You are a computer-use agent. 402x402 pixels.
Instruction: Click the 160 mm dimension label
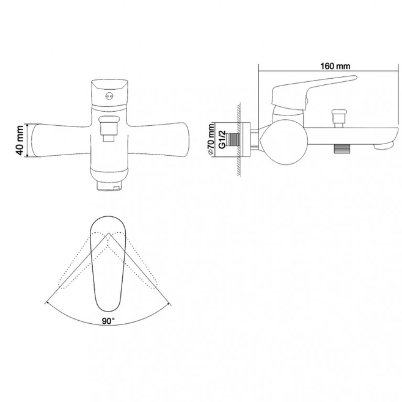coord(335,66)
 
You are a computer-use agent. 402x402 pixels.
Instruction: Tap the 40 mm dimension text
coord(20,141)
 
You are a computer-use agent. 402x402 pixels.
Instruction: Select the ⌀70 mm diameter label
coord(211,139)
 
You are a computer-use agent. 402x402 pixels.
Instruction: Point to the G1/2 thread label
coord(222,139)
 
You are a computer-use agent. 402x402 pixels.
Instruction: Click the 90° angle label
coord(108,321)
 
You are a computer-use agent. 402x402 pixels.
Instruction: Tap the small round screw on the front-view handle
coord(109,97)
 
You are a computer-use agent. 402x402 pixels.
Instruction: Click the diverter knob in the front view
coord(109,128)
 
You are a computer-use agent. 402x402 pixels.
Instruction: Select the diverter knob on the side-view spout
coord(339,118)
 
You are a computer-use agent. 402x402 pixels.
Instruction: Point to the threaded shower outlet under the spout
coord(342,148)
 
